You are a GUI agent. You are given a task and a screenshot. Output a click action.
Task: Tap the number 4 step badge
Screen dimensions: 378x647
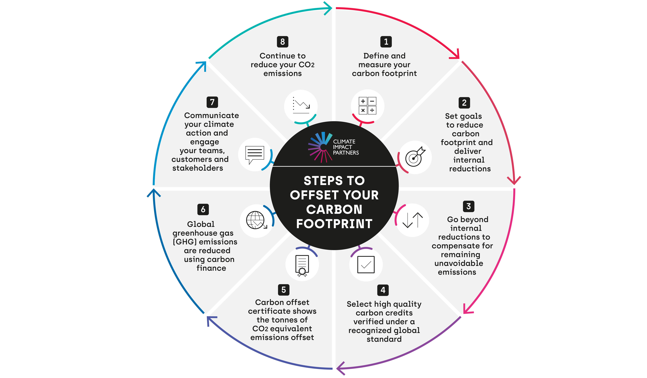pos(383,290)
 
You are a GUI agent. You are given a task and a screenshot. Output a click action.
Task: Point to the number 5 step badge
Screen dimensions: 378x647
pos(283,290)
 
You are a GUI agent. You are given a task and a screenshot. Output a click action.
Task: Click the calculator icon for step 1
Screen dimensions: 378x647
pos(367,106)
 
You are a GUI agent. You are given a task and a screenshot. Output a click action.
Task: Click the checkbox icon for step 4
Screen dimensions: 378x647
pos(366,265)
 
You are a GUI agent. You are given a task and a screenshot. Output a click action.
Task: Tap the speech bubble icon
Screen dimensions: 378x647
pos(254,155)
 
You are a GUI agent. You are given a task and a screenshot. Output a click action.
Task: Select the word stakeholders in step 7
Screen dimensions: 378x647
pos(198,168)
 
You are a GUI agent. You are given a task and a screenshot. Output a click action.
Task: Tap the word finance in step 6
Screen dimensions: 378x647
pos(211,268)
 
